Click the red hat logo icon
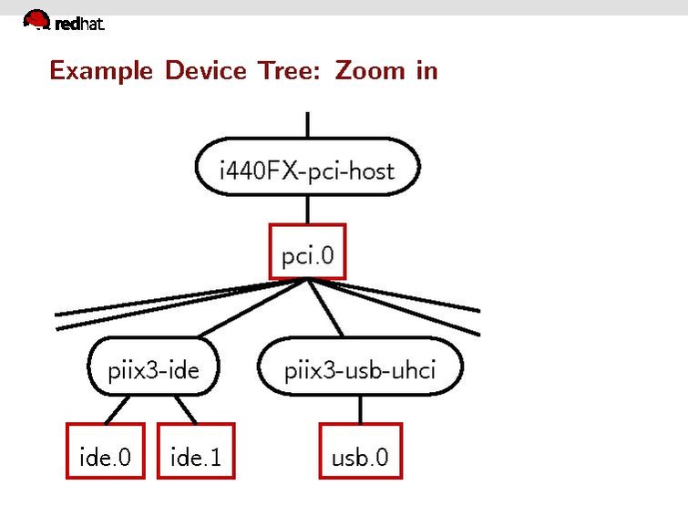[36, 19]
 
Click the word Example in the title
[101, 70]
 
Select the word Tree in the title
[293, 70]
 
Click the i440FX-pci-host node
[307, 169]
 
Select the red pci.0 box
[308, 252]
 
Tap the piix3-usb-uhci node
[360, 370]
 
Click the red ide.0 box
[105, 450]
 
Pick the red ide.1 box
[195, 450]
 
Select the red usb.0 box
[360, 450]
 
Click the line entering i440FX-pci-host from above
[308, 125]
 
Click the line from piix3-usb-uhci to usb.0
[360, 409]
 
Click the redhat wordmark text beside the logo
[79, 25]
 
